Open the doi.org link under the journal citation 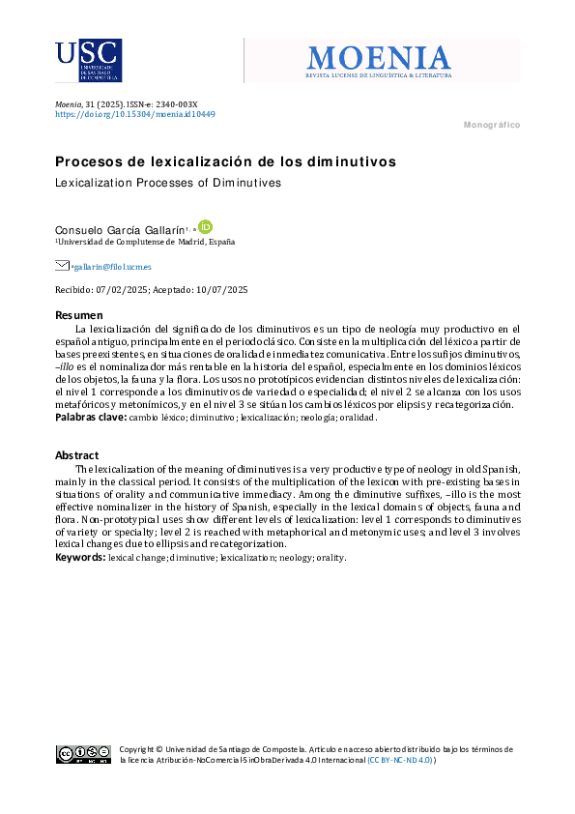[134, 114]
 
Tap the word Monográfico [492, 126]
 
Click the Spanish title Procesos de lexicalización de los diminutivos [225, 161]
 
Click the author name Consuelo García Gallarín [121, 228]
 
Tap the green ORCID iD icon [204, 227]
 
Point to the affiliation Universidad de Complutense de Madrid [146, 242]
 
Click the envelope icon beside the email [62, 266]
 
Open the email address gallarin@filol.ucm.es [111, 267]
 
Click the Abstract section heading [76, 455]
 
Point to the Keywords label [79, 557]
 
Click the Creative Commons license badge [83, 754]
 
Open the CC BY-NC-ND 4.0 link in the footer [401, 760]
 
